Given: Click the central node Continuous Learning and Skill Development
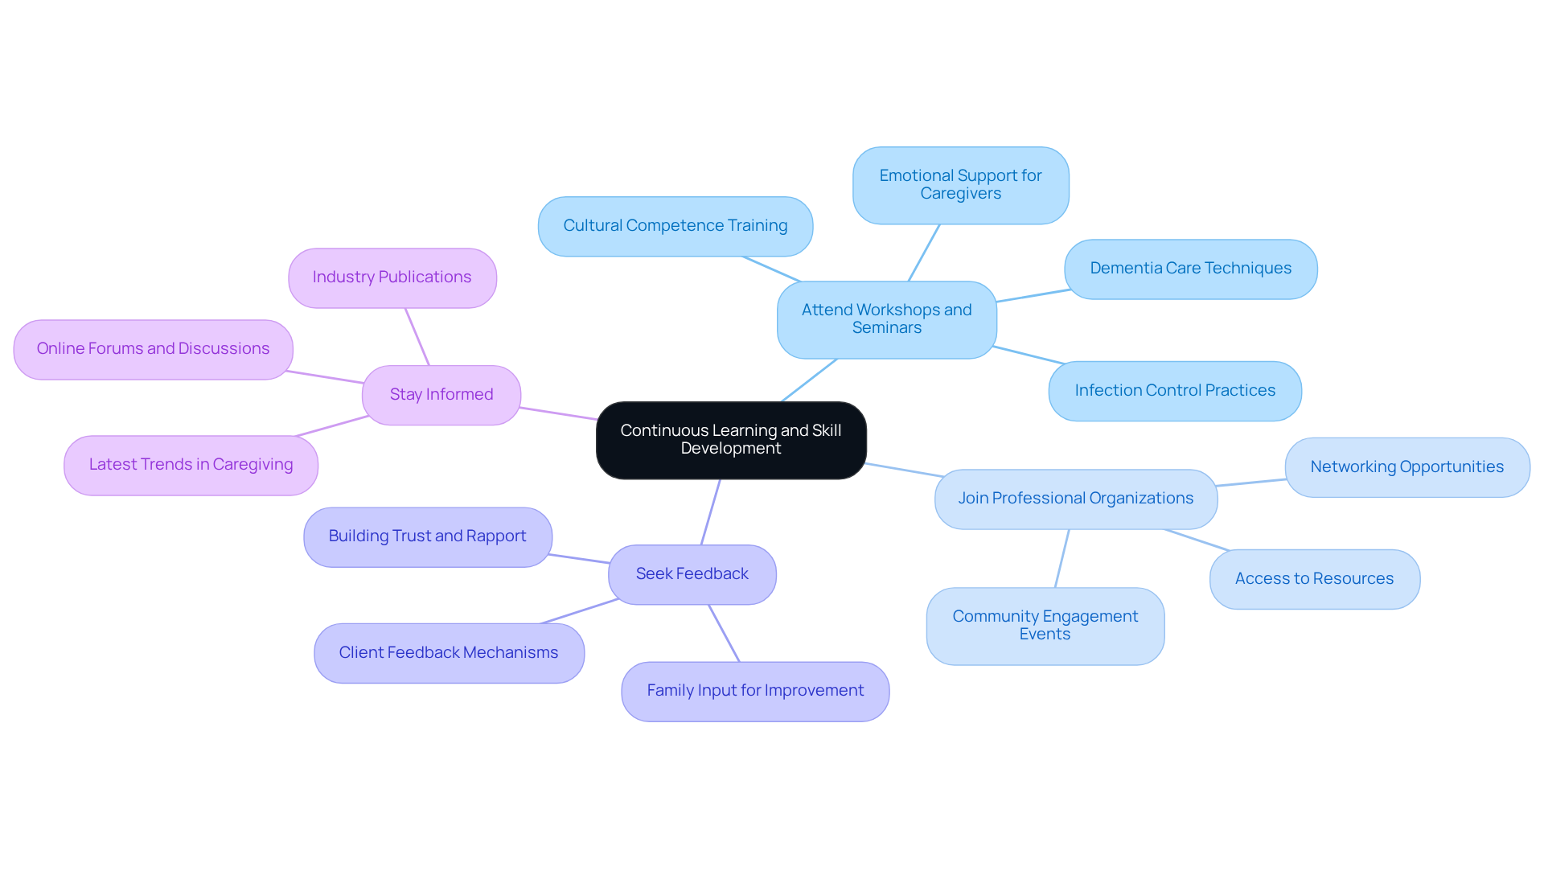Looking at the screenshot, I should click(731, 440).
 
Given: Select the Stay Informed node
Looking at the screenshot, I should click(441, 395).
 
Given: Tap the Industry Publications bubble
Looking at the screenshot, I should click(392, 277).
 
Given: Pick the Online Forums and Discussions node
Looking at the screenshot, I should click(153, 349).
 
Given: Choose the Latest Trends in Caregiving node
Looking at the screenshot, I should click(191, 465).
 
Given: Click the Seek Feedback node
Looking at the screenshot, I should click(692, 574).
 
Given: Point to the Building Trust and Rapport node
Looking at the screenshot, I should click(427, 536).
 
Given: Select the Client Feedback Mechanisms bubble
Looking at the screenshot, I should click(449, 653).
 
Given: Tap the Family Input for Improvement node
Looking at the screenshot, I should click(755, 691).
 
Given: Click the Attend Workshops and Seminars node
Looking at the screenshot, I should click(886, 319).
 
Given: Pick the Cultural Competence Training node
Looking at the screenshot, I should click(675, 226).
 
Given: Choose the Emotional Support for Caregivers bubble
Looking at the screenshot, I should click(960, 185).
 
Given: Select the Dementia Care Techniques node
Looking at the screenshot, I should click(1190, 269).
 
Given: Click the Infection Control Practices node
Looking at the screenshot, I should click(1175, 391).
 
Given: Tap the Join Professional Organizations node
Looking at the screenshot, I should click(1075, 499).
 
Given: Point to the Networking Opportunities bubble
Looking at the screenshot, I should click(1406, 467).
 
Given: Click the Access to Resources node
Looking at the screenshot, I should click(1314, 579).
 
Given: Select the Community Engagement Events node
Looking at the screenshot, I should click(1045, 626).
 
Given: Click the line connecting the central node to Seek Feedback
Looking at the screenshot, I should click(711, 512).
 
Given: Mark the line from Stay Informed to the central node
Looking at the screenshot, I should click(559, 413).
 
